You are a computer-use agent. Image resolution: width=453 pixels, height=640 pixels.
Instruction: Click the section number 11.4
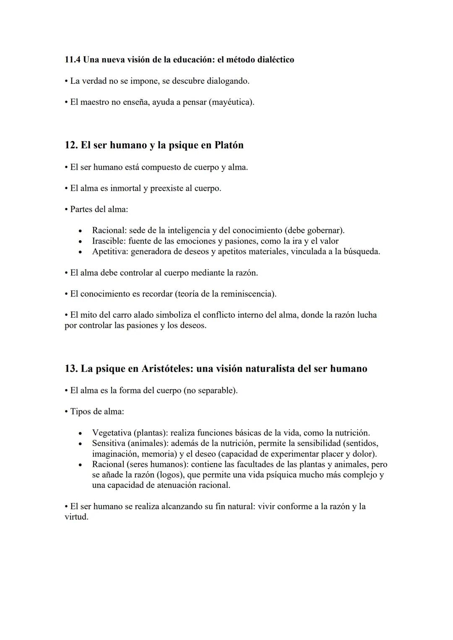(x=73, y=60)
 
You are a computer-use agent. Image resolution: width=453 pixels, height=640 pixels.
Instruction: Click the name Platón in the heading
(x=229, y=145)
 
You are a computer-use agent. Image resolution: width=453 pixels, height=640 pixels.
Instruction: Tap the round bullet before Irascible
(x=80, y=241)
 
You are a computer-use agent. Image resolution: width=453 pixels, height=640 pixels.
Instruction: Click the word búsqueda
(x=361, y=251)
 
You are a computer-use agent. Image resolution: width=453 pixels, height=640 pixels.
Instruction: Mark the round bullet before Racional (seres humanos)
(x=80, y=465)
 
